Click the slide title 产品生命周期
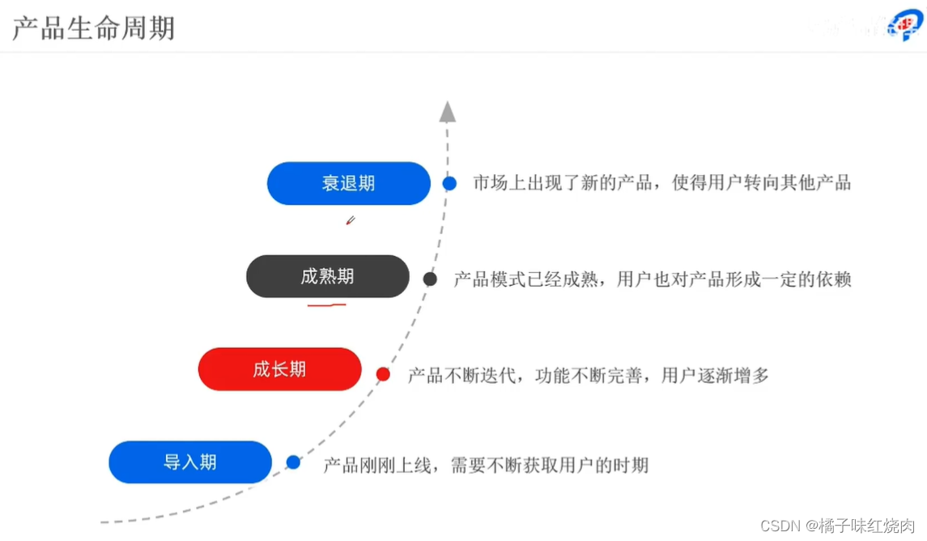tap(93, 28)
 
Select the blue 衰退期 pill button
tap(348, 183)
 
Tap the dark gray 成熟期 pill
tap(327, 276)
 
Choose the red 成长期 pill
tap(279, 369)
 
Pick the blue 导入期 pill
tap(190, 462)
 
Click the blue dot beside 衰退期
tap(449, 183)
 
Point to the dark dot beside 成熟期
tap(430, 279)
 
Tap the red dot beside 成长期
tap(383, 374)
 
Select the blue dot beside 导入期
tap(293, 462)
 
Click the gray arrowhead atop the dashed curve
tap(447, 112)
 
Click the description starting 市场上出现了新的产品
tap(661, 182)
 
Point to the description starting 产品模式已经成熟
tap(652, 279)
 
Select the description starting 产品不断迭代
tap(588, 375)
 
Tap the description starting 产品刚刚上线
tap(486, 465)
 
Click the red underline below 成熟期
tap(326, 305)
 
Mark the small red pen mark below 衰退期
tap(350, 219)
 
